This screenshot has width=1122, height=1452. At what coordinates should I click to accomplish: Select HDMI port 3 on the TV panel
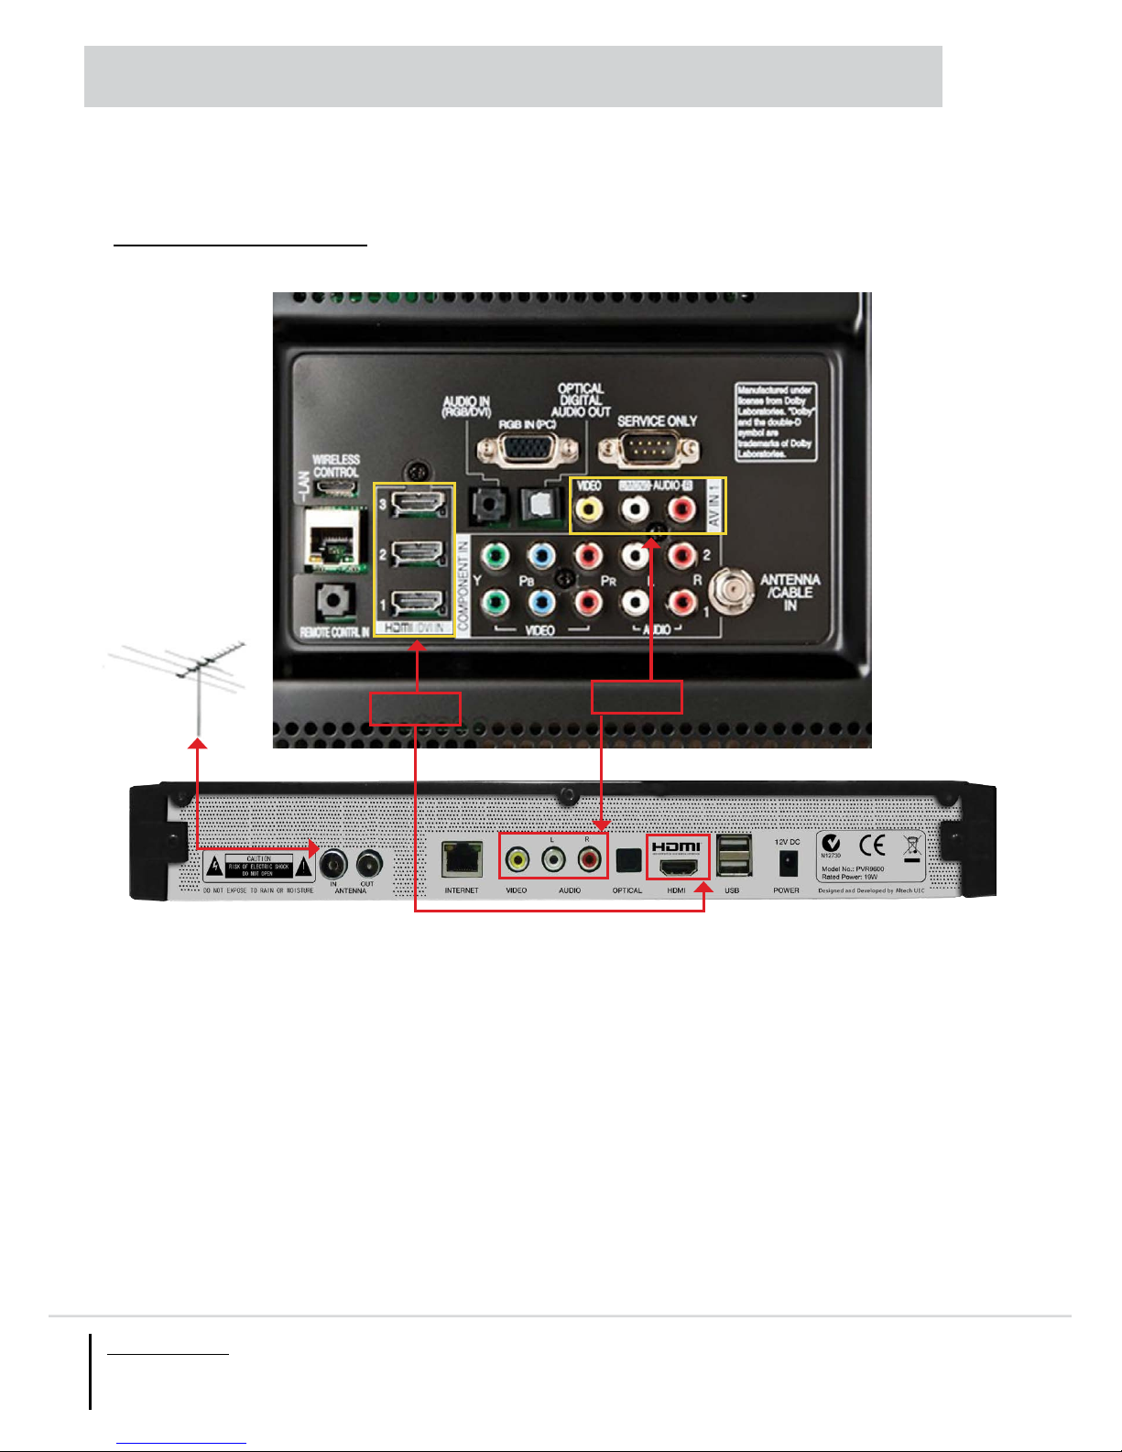point(418,503)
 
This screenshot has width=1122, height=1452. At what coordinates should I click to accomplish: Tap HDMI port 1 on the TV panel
point(418,603)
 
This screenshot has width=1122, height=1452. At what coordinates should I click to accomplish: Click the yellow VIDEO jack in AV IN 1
point(589,508)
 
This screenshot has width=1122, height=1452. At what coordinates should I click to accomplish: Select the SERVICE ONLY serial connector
point(648,449)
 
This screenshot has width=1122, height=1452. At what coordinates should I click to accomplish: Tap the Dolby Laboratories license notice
point(775,421)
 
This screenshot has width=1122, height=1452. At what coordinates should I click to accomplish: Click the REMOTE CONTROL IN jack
point(334,601)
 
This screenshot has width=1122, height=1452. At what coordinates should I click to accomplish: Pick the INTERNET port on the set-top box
point(461,859)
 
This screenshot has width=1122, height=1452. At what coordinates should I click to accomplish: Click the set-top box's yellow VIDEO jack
point(518,859)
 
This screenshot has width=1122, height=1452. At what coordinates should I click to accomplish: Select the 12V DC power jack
point(787,862)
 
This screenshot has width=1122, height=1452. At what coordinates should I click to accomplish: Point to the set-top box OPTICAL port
point(628,860)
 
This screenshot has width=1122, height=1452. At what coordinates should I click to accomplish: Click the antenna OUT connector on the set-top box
point(369,863)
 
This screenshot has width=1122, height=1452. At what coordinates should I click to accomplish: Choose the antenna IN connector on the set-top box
point(333,863)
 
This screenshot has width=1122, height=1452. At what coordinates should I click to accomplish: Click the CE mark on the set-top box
point(872,845)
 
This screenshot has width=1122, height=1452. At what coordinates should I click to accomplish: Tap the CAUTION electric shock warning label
point(259,866)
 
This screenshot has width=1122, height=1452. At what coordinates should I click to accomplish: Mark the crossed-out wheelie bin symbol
point(912,847)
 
